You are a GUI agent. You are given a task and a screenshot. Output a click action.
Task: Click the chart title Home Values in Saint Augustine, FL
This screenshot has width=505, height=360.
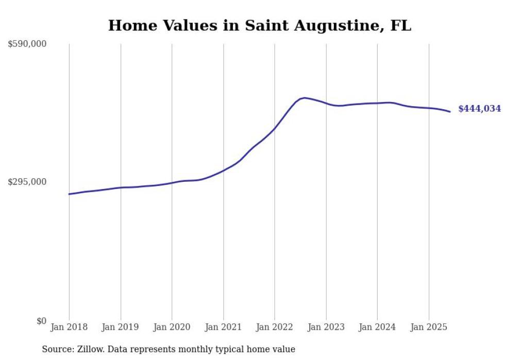[260, 26]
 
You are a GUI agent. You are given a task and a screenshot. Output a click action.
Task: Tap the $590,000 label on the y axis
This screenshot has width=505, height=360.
[27, 44]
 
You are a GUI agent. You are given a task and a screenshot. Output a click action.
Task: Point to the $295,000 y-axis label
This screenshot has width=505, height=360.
[27, 182]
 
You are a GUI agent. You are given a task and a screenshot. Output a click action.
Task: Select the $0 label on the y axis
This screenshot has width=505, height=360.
[41, 321]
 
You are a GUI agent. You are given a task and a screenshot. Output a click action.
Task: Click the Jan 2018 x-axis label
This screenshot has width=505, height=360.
[69, 327]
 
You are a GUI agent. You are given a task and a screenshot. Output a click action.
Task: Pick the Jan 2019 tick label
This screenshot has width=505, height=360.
[121, 327]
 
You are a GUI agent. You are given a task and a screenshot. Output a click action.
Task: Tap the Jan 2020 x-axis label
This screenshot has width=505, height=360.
[172, 327]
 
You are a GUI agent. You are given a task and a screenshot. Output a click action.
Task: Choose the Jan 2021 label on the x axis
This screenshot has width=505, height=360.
[223, 327]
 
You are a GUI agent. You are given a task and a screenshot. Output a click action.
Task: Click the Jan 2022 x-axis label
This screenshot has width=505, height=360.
[275, 327]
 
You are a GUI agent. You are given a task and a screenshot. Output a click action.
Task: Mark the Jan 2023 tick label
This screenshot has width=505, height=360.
[326, 327]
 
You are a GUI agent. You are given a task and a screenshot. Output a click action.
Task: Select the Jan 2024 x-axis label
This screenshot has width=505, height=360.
[377, 327]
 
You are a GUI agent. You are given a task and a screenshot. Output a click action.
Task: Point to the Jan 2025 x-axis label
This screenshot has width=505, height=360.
[429, 327]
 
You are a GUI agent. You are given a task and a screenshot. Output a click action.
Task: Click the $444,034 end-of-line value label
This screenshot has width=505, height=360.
[479, 109]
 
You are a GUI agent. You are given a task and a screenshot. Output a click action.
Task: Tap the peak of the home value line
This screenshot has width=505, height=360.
[305, 98]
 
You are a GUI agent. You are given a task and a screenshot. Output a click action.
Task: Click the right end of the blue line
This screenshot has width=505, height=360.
[450, 112]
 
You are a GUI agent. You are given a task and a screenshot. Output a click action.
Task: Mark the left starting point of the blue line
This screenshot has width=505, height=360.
[69, 194]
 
